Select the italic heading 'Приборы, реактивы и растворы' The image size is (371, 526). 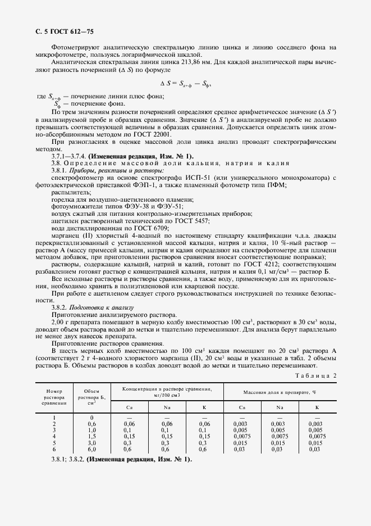pyautogui.click(x=117, y=170)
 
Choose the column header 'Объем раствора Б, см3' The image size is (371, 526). pyautogui.click(x=91, y=395)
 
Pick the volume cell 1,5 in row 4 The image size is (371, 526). pyautogui.click(x=91, y=436)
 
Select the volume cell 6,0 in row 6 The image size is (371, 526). pyautogui.click(x=91, y=449)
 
